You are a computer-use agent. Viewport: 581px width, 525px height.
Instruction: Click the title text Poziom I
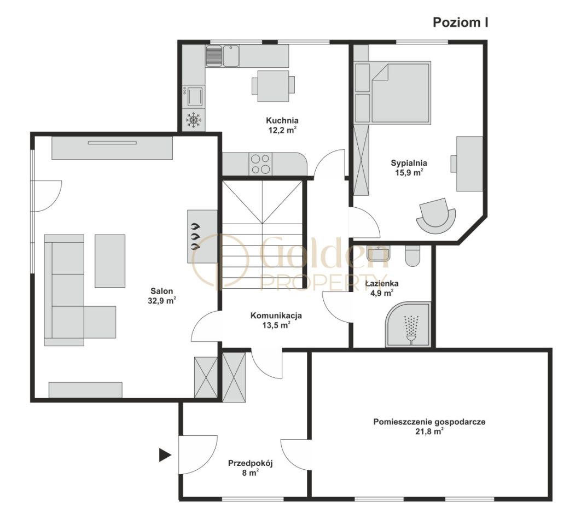(460, 22)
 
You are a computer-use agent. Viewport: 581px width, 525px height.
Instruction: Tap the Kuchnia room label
(282, 120)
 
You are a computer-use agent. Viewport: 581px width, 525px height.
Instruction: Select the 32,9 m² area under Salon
(161, 300)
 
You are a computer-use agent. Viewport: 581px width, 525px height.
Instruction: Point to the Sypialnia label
(409, 163)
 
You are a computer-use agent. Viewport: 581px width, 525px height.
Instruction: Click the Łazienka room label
(382, 283)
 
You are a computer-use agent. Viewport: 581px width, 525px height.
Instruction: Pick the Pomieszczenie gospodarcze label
(429, 422)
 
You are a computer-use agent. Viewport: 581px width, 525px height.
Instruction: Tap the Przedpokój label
(250, 463)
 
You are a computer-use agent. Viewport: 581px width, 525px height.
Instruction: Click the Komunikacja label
(276, 316)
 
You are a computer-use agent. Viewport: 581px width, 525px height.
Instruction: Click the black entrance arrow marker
(165, 454)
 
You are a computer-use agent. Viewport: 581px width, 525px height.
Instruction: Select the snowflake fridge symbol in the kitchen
(193, 120)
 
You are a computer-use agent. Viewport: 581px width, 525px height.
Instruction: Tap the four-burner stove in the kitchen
(260, 164)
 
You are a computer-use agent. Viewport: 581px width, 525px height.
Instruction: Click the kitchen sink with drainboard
(222, 56)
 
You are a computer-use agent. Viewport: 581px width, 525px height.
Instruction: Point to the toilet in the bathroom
(412, 255)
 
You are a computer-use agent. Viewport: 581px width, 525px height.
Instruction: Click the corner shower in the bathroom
(408, 324)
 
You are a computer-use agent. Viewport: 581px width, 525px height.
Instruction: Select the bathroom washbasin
(378, 253)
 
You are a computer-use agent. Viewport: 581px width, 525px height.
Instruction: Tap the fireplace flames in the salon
(195, 236)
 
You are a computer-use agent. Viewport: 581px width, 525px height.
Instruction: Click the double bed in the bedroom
(400, 92)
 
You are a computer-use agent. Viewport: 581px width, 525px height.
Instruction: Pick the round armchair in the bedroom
(435, 216)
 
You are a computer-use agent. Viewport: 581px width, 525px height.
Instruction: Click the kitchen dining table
(274, 86)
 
